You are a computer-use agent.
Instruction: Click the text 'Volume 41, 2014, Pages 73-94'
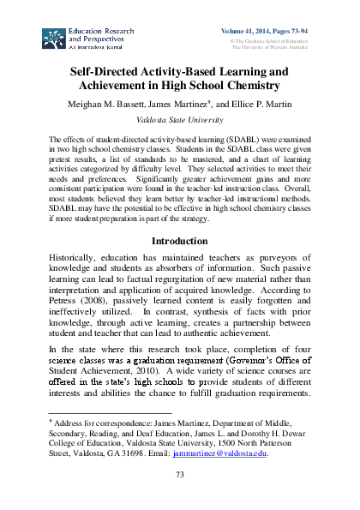pos(267,31)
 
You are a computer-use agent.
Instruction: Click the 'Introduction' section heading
pos(179,242)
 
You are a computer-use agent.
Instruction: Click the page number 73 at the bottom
pos(179,476)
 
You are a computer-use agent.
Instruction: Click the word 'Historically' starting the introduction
pos(75,260)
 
